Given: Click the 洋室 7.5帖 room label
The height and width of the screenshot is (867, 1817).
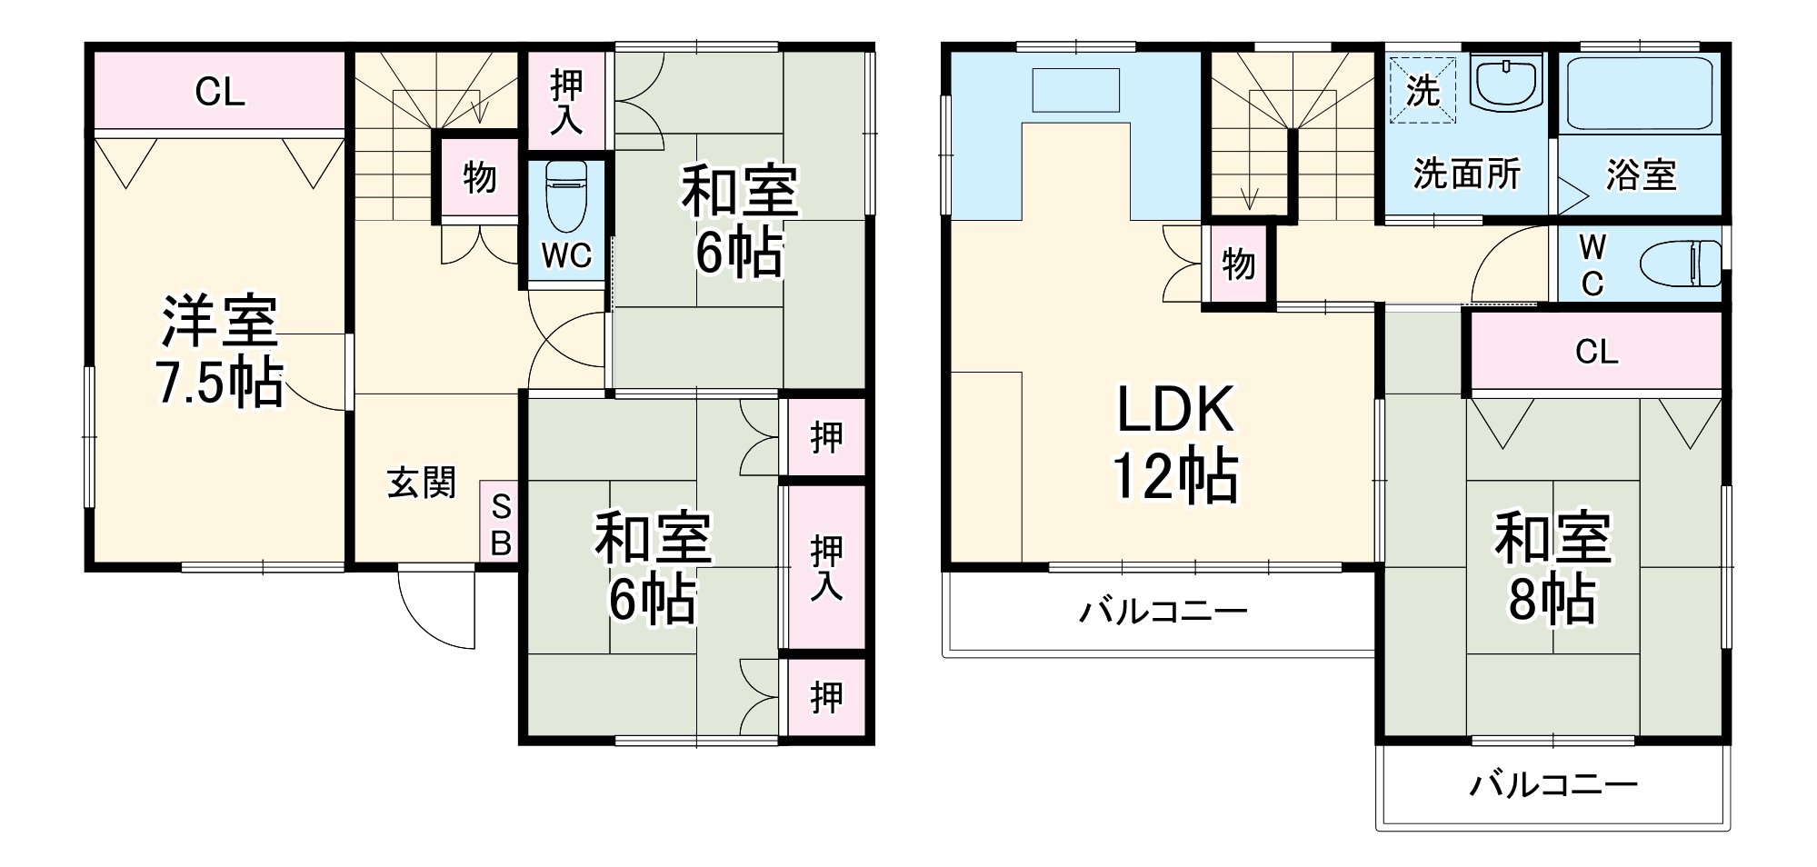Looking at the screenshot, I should point(219,351).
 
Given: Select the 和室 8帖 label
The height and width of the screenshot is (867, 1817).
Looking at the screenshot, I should point(1552,567).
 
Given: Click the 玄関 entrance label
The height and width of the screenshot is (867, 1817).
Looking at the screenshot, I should point(421,483).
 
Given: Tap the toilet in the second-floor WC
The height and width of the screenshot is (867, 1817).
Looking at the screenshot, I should point(1681,264).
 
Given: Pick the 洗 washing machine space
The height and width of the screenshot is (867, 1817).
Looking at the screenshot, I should point(1423,90).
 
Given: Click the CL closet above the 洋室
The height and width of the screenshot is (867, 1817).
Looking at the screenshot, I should point(219,92).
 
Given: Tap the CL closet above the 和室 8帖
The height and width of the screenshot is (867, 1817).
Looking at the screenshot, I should point(1596,351).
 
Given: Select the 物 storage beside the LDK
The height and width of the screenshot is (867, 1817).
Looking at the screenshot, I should point(1238,264).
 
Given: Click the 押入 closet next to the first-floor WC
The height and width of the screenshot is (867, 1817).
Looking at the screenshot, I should point(566,101).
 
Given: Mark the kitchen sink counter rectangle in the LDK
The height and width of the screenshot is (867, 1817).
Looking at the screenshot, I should point(1075,90).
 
